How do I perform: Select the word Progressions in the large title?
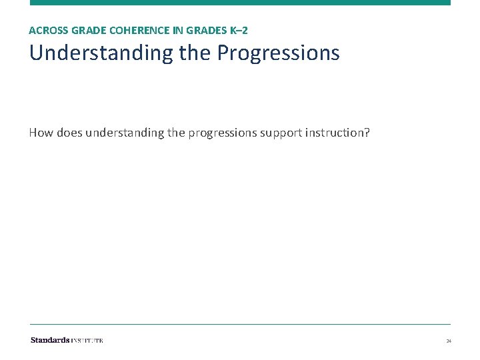pos(279,53)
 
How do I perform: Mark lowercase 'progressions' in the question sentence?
pos(222,133)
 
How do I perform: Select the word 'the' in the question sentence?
pos(176,133)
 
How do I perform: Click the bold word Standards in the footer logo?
pos(50,341)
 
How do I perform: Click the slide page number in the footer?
pos(449,341)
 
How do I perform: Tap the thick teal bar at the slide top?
pos(240,3)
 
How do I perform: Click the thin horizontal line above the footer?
pos(240,325)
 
